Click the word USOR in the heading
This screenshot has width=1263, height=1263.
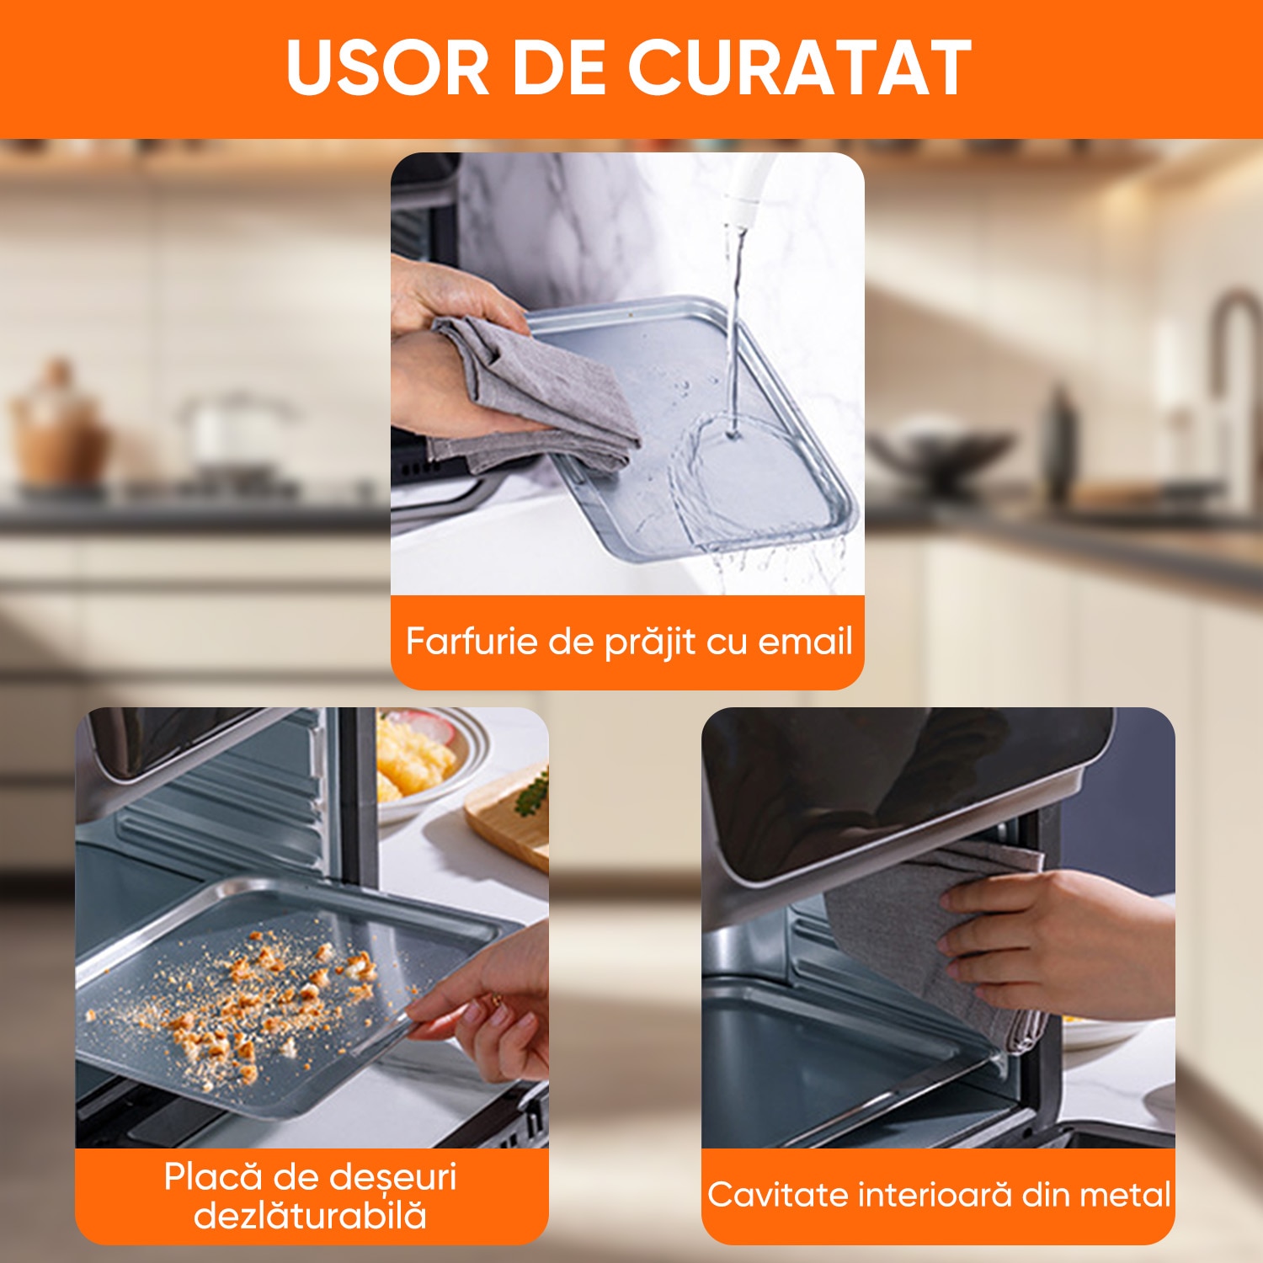pos(388,67)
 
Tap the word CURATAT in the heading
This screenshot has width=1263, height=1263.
pos(800,67)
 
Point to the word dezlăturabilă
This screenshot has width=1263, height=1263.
pos(311,1215)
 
